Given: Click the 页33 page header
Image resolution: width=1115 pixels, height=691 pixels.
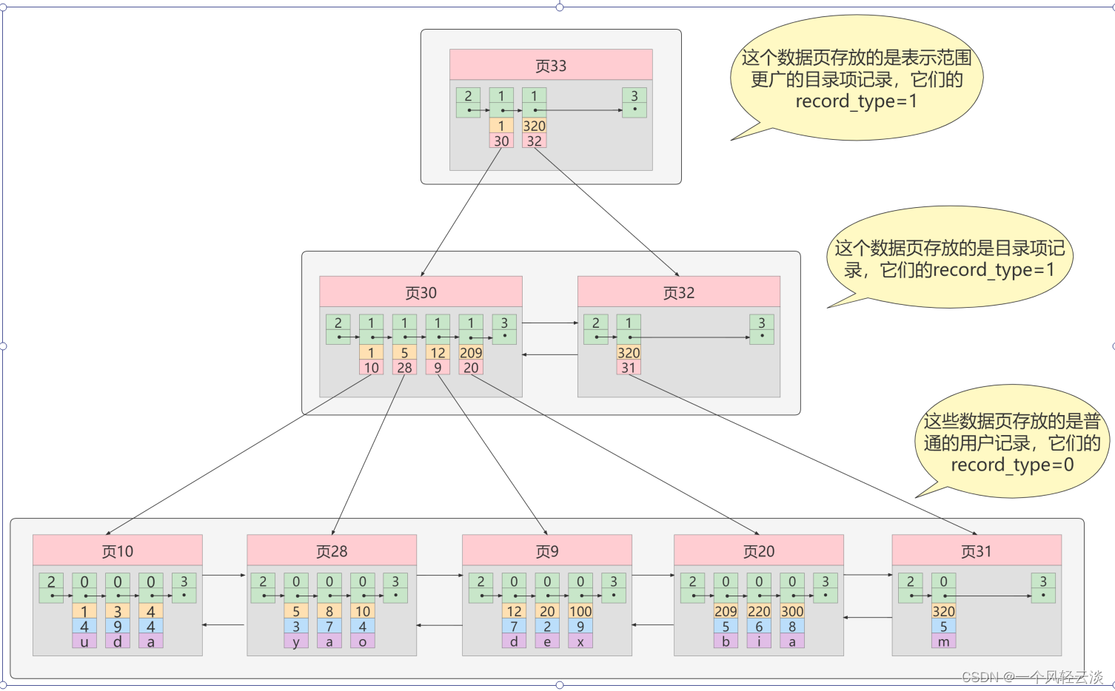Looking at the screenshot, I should point(551,65).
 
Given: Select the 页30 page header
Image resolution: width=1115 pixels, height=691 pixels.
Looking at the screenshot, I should point(421,292).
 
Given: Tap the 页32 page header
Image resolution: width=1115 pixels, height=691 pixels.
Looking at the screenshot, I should point(678,292).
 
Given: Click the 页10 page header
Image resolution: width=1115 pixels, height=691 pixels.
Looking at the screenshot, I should point(117,551).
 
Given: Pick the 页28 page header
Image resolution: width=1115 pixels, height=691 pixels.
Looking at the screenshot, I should point(332,551).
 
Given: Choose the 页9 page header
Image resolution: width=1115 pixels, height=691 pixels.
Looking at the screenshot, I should point(547,551).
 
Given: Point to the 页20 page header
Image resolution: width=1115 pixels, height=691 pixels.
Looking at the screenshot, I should point(759,551).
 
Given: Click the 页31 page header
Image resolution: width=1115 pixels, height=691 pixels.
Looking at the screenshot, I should point(976,551).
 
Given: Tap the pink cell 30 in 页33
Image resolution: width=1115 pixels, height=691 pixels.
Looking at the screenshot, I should point(501,141).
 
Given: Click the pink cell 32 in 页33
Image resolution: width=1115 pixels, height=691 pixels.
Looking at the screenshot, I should point(534,141).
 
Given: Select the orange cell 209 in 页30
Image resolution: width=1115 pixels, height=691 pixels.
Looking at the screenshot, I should point(471,353).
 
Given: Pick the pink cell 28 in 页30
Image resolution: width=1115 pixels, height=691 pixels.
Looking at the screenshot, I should point(404,368).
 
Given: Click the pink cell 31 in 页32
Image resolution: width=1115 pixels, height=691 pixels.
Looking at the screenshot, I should point(629,368).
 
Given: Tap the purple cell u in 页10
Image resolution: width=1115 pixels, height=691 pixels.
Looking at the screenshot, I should point(84,641).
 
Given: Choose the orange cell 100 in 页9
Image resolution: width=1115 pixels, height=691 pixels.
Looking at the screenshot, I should point(580,611).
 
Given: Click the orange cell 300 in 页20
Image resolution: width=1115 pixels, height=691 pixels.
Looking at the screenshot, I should point(792,611).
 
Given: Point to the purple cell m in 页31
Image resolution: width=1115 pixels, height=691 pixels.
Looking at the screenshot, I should point(943,641).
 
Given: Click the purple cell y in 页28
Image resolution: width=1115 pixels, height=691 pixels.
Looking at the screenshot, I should point(296,641).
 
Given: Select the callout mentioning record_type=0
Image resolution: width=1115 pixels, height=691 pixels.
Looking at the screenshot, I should point(1011,442).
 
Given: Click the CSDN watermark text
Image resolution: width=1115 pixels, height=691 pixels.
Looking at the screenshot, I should point(1032,677).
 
